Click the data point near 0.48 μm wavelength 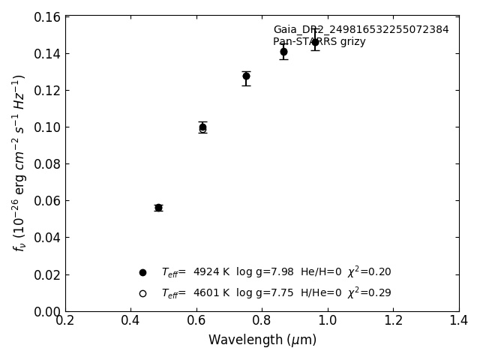[158, 208]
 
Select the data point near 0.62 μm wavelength [202, 127]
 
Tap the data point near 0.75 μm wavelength [246, 76]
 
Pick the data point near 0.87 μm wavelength [283, 52]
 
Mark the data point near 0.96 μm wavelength [315, 42]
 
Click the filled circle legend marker [142, 272]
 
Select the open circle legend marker [142, 293]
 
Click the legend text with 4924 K [276, 272]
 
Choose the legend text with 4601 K [276, 293]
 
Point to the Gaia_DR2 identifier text [361, 30]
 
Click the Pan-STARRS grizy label [319, 42]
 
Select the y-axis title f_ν [19, 162]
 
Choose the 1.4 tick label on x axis [459, 321]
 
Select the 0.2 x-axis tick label [65, 321]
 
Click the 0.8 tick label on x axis [262, 321]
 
